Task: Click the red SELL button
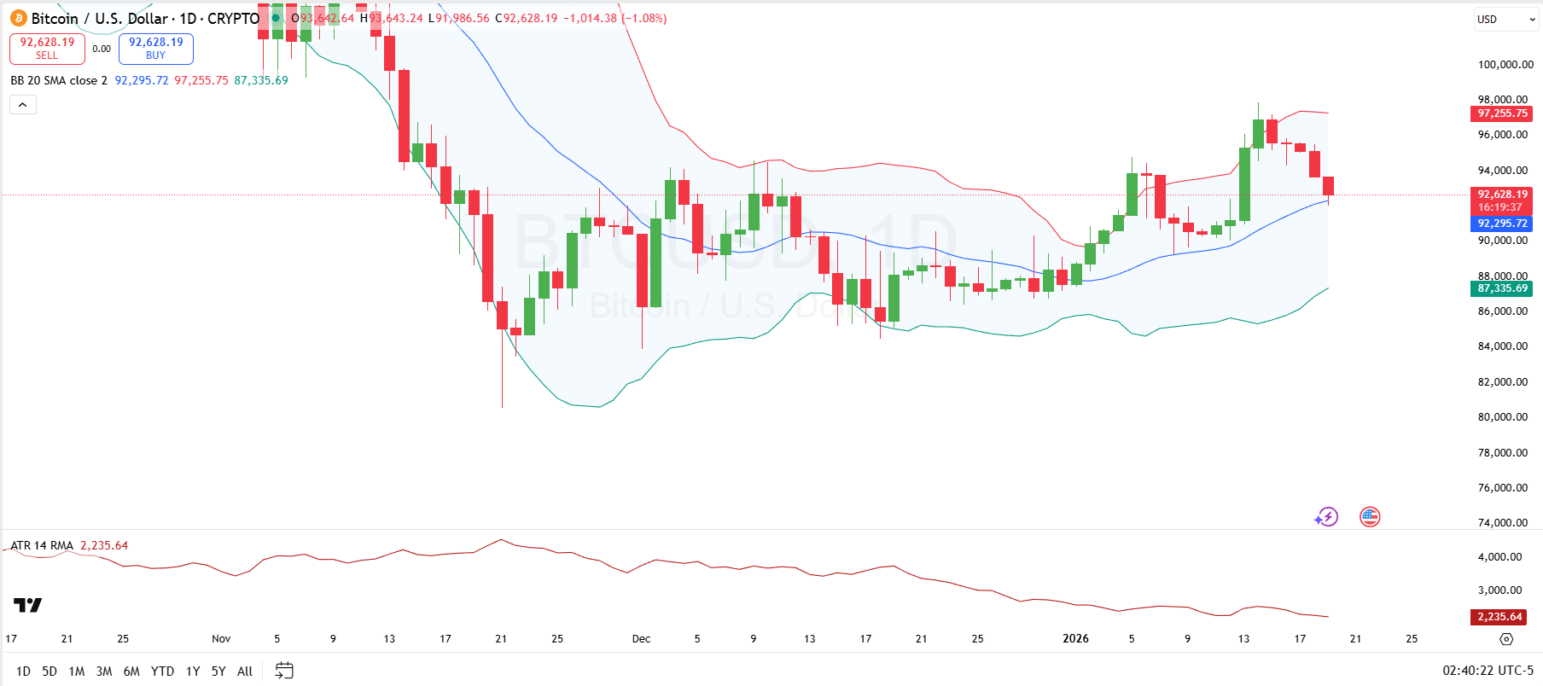[47, 49]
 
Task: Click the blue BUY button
[155, 49]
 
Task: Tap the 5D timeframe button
[49, 671]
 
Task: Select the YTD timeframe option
[162, 671]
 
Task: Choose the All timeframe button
[245, 671]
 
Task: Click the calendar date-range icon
[284, 671]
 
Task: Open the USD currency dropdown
[1505, 20]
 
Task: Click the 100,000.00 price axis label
[1505, 65]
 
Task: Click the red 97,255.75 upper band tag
[1502, 113]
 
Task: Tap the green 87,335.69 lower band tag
[1502, 288]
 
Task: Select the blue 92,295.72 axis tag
[1502, 224]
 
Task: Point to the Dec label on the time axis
[641, 639]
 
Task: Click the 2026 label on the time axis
[1075, 639]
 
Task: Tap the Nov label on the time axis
[221, 639]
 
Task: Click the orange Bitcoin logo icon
[19, 18]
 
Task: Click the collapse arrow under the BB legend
[23, 105]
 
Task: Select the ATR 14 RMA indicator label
[42, 546]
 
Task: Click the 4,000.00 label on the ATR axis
[1505, 557]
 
